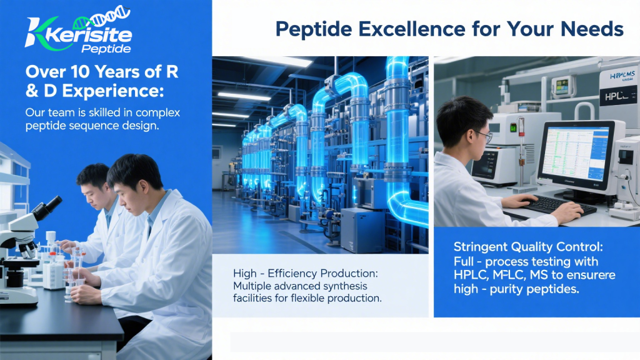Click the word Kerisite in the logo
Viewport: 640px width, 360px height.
89,35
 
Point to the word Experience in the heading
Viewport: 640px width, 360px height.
111,91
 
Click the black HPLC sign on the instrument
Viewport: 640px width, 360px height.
617,96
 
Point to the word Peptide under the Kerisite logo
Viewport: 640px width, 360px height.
106,49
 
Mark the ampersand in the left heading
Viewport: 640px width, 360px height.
31,91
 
